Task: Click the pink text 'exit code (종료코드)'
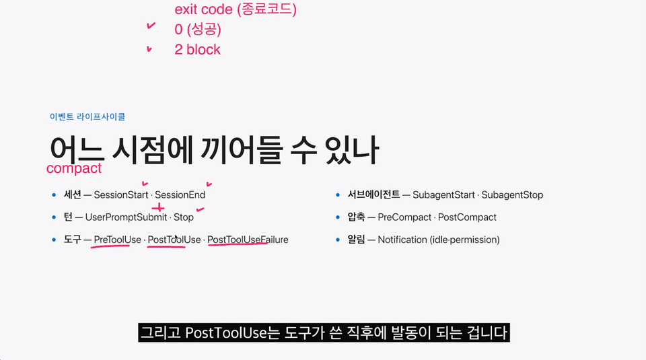(236, 9)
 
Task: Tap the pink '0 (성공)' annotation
(198, 29)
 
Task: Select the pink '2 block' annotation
(197, 49)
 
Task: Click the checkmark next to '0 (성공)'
(151, 26)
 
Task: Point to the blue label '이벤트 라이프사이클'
(87, 116)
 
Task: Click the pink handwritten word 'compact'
(74, 168)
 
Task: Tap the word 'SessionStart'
(120, 195)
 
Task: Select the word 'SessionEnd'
(180, 195)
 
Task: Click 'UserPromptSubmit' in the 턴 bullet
(126, 217)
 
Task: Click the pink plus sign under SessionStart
(157, 208)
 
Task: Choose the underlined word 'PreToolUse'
(117, 240)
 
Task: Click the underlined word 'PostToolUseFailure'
(248, 240)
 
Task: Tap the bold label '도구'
(72, 240)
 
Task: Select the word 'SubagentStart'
(443, 195)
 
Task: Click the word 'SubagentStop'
(512, 195)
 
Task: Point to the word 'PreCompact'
(404, 217)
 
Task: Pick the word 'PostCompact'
(467, 217)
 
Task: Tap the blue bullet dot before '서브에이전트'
(338, 195)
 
